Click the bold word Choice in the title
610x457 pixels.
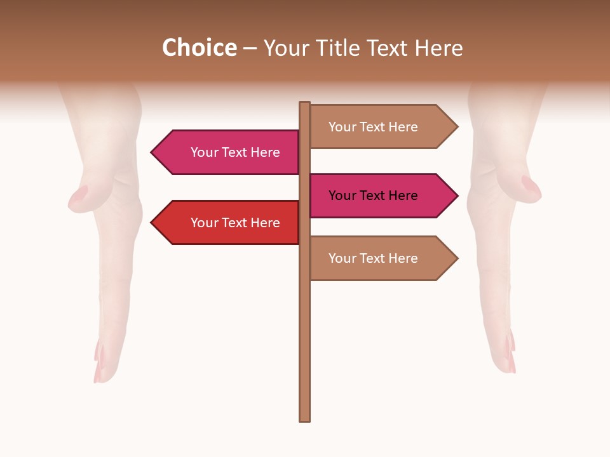199,48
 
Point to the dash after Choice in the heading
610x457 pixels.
250,49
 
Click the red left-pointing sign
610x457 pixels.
229,223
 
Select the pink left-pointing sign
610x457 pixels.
229,152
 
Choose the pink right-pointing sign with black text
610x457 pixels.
378,195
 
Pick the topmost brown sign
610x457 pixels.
378,127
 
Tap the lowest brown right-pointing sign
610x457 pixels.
378,258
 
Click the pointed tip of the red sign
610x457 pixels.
153,223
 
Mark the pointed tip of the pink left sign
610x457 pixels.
153,152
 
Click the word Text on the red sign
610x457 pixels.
235,223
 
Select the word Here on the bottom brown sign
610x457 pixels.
403,258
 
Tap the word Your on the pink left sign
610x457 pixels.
205,152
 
